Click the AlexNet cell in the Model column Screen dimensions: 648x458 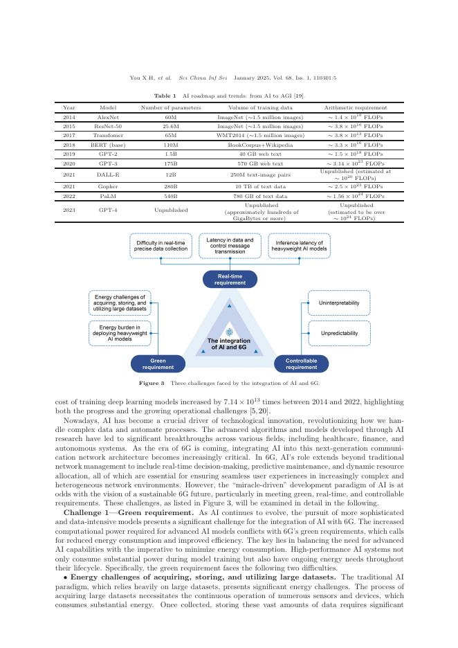click(x=109, y=118)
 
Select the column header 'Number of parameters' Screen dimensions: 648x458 click(x=171, y=108)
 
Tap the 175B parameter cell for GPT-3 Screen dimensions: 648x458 click(x=171, y=163)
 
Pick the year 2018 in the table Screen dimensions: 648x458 click(x=68, y=145)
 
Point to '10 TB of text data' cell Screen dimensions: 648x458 click(x=266, y=186)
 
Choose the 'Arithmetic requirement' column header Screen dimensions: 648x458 click(x=356, y=108)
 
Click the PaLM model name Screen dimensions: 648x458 click(x=109, y=195)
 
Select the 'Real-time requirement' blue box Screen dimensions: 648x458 click(x=230, y=279)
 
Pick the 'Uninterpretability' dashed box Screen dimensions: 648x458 click(x=339, y=303)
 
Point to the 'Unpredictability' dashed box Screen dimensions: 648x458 click(x=339, y=333)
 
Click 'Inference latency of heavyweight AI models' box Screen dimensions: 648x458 click(x=299, y=246)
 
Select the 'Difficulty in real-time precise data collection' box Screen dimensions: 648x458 click(x=160, y=246)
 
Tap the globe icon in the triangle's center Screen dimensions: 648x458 click(x=229, y=332)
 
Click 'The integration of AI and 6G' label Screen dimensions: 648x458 click(x=229, y=344)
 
